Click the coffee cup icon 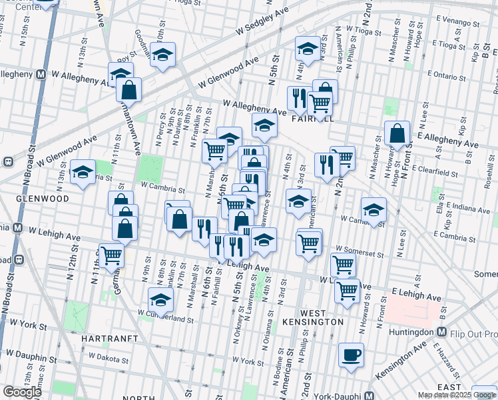351,355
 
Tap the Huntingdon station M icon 441,332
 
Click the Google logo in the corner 23,392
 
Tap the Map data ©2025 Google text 456,395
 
